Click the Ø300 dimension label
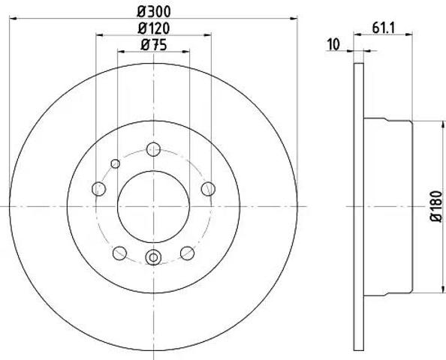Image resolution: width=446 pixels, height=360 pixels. click(154, 12)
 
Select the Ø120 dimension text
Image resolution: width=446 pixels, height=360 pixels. click(154, 28)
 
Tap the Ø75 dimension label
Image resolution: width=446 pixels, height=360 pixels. click(154, 45)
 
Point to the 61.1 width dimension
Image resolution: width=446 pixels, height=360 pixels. click(383, 28)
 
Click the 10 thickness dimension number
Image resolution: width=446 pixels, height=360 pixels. click(333, 45)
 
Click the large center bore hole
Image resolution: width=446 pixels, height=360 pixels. click(153, 207)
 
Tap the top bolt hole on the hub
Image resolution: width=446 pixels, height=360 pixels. click(153, 149)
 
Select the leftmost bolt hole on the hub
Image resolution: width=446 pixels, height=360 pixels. click(98, 189)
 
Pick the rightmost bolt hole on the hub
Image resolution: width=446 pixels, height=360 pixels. click(208, 189)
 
